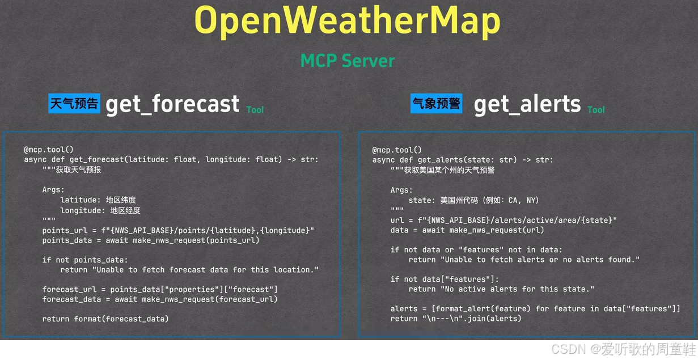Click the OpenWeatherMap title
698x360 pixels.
click(x=347, y=21)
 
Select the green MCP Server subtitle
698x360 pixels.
click(x=347, y=60)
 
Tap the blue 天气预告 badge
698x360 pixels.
click(x=74, y=104)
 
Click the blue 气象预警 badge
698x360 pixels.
click(x=436, y=104)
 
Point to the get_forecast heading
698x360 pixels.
click(x=172, y=104)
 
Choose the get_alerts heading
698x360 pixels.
click(x=527, y=104)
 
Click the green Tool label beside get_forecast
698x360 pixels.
click(x=255, y=109)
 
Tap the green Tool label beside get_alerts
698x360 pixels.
click(x=596, y=109)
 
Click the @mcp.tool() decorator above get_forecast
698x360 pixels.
click(x=49, y=150)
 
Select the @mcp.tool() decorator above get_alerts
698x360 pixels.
click(x=397, y=150)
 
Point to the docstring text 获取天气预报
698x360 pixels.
click(x=78, y=170)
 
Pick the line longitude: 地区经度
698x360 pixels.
click(x=100, y=210)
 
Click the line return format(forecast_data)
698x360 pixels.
click(x=105, y=319)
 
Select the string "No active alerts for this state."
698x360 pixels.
click(x=517, y=289)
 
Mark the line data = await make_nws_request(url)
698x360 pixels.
click(x=467, y=230)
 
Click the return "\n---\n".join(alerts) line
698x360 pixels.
click(x=456, y=319)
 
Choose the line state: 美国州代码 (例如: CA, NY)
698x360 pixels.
click(x=473, y=200)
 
